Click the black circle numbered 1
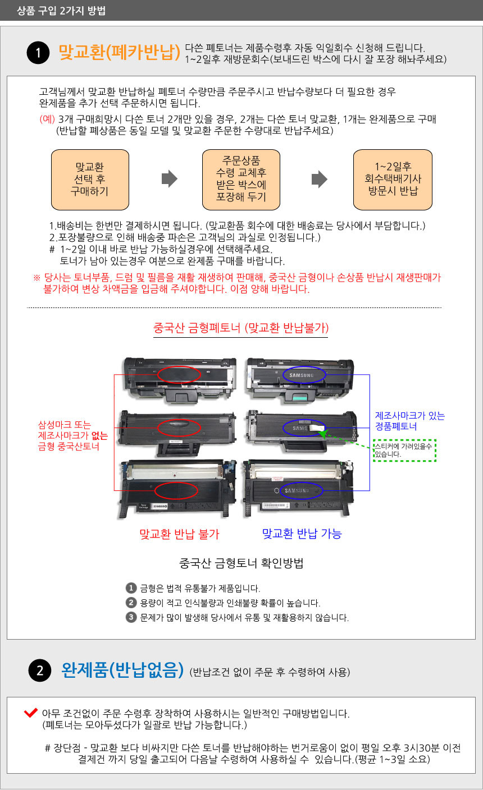click(x=38, y=53)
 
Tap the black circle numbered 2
click(x=40, y=670)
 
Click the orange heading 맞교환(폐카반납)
click(x=119, y=52)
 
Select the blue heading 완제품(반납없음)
click(x=122, y=670)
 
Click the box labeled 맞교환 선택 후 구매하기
click(x=90, y=180)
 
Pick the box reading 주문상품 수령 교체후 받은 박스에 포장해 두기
click(x=241, y=180)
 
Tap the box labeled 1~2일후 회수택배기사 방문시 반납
click(x=393, y=180)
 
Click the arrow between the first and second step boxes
click(x=170, y=179)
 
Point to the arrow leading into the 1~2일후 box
click(x=320, y=179)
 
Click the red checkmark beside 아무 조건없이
click(x=31, y=712)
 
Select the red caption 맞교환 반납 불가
click(x=179, y=534)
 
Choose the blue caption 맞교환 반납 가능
click(x=302, y=533)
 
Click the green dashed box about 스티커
click(x=404, y=451)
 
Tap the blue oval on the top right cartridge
click(x=304, y=375)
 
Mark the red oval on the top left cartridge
click(x=179, y=375)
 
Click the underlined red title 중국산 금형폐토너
click(x=241, y=328)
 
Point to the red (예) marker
click(x=47, y=119)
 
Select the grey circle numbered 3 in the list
click(x=131, y=617)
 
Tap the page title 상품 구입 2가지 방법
click(x=61, y=11)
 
